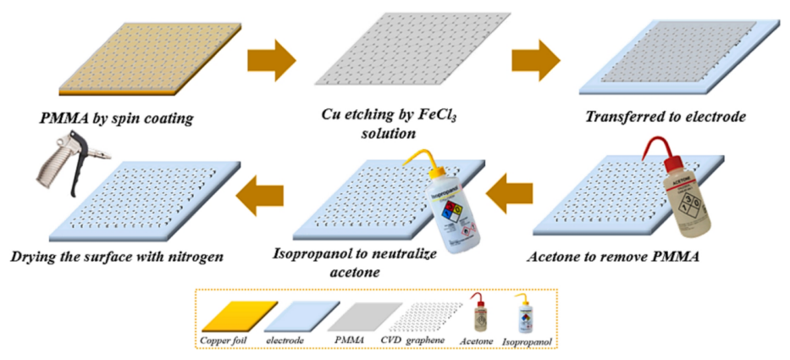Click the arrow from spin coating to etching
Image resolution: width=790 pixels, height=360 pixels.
click(x=271, y=60)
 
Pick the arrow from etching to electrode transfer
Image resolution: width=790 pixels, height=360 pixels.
click(x=536, y=60)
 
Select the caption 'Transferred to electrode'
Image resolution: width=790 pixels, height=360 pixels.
click(x=667, y=117)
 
